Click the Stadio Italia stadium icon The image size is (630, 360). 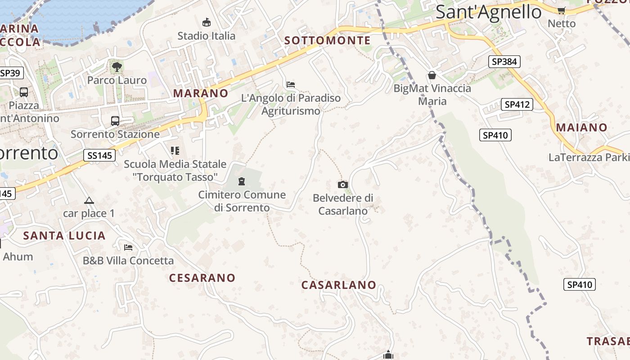coord(207,22)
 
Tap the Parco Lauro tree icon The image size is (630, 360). coord(117,67)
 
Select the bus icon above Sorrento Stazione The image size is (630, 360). coord(115,121)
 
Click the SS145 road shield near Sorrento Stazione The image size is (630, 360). coord(99,155)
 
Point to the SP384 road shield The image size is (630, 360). coord(504,62)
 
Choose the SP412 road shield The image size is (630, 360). coord(517,104)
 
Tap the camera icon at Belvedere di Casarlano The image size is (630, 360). coord(343,184)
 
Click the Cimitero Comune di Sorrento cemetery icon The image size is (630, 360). coord(242,181)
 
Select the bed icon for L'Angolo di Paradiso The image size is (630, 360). coord(291,84)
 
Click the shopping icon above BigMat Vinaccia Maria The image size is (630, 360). coord(432,75)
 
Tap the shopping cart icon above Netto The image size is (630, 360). coord(561,10)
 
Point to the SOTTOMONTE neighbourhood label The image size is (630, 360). coord(328,40)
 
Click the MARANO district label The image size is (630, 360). coord(201,93)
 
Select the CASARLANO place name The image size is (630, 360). coord(339,285)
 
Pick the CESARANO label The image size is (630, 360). coord(202,278)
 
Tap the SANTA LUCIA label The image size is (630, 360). coord(64,235)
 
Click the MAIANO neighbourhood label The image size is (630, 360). coord(582,127)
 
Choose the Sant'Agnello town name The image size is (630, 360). coord(488,12)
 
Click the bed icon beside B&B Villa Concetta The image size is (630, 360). coord(128,247)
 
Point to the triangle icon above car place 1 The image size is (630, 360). coord(89,200)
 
